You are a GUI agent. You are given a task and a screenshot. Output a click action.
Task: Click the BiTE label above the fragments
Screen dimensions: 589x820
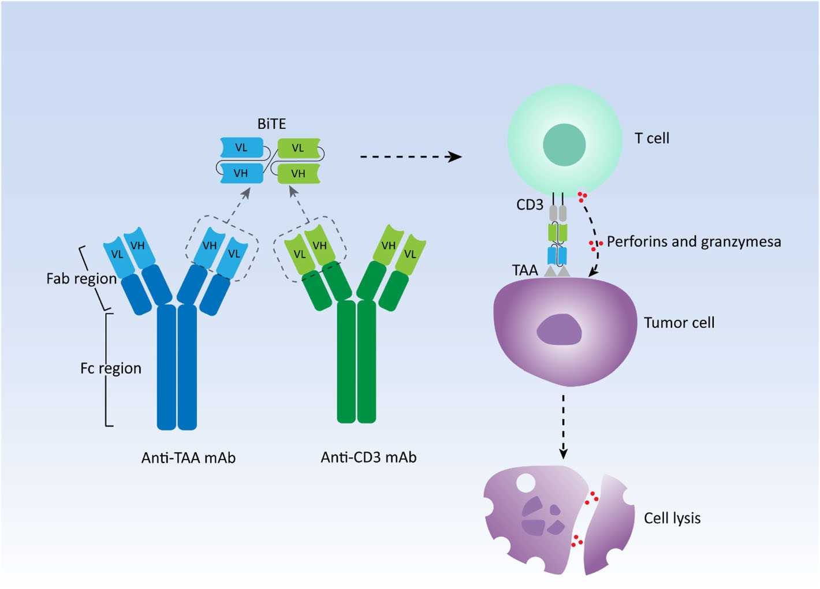pos(271,124)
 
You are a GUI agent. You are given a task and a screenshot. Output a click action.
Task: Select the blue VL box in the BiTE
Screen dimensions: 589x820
pos(241,148)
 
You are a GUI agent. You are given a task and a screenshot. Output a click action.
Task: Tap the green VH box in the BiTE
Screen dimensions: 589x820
pos(299,173)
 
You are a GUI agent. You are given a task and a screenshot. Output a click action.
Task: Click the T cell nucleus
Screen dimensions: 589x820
pos(564,145)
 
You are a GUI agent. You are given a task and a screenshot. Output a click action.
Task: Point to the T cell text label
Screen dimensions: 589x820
pos(652,139)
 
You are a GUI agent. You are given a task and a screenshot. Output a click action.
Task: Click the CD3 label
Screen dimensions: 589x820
pos(530,204)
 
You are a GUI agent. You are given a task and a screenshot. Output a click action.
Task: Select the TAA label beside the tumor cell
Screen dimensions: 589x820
pos(525,270)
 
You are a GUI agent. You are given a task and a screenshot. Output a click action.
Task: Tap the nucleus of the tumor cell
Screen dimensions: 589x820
pos(558,330)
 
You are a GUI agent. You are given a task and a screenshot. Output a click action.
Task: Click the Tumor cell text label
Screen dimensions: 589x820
pos(679,323)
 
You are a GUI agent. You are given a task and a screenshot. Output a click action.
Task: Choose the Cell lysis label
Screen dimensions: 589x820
pos(672,518)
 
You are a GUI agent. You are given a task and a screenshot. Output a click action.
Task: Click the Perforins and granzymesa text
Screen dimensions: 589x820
pos(694,242)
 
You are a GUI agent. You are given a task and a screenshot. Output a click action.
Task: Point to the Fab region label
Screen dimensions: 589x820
pos(81,279)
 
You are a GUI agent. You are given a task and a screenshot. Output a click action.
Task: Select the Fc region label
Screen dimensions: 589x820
pos(111,368)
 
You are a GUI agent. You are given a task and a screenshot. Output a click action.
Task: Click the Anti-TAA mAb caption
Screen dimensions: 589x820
pos(188,458)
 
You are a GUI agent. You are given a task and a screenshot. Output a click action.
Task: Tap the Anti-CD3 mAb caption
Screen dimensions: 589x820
pos(368,457)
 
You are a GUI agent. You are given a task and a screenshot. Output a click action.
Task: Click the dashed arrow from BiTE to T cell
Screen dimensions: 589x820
pos(410,156)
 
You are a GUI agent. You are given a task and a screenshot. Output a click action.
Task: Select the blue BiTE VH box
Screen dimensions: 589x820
pos(241,173)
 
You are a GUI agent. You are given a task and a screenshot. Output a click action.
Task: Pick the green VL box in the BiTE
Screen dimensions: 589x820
pos(299,148)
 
